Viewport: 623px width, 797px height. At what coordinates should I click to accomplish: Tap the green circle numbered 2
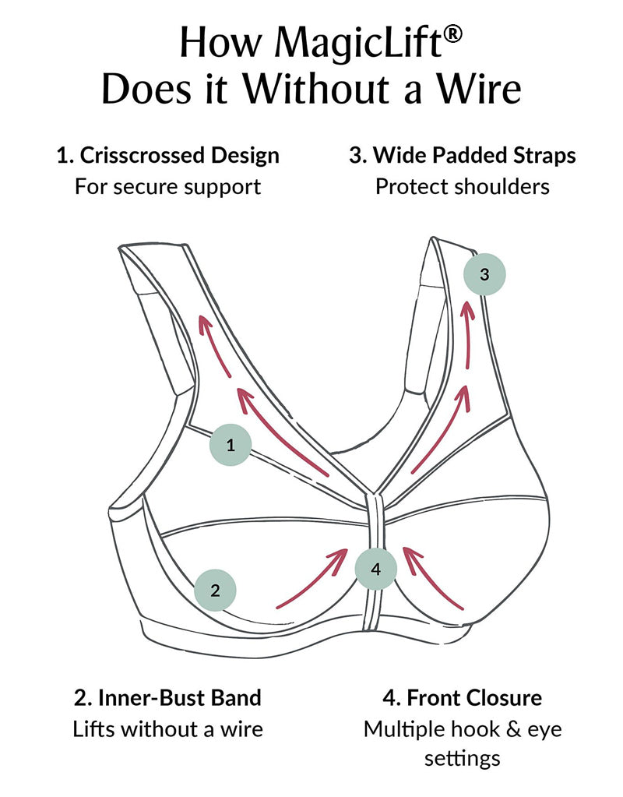click(x=216, y=590)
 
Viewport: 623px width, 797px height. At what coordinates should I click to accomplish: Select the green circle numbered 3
click(x=484, y=274)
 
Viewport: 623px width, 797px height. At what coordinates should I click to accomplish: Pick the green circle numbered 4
click(x=376, y=569)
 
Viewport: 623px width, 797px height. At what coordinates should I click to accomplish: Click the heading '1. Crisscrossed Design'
click(x=167, y=155)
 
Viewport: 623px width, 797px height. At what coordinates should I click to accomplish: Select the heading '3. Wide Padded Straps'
click(x=463, y=155)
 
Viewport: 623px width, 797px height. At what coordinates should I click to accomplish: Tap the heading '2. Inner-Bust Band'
click(x=167, y=696)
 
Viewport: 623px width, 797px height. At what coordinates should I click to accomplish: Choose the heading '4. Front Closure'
click(x=463, y=696)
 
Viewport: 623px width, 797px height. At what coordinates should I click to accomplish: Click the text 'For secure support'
click(x=167, y=187)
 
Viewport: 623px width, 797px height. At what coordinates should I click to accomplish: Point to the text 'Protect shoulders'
click(x=463, y=187)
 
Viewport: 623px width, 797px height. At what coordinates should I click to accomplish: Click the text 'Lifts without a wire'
click(x=167, y=728)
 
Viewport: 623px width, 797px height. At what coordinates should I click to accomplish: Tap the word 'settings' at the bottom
click(x=463, y=757)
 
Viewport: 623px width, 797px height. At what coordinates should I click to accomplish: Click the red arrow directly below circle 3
click(x=468, y=335)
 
